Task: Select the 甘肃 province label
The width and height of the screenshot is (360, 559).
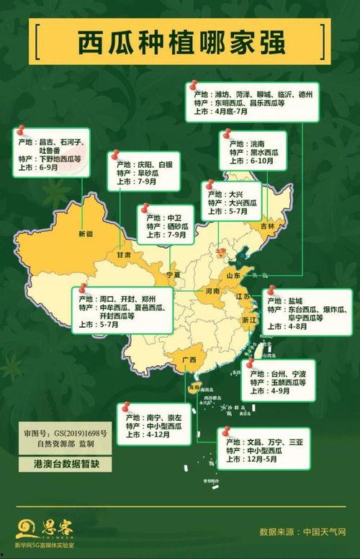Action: click(124, 255)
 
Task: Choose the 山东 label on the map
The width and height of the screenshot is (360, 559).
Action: click(234, 276)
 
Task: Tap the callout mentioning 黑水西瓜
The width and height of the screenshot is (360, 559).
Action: click(258, 153)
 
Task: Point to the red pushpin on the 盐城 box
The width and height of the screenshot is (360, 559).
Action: click(271, 292)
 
